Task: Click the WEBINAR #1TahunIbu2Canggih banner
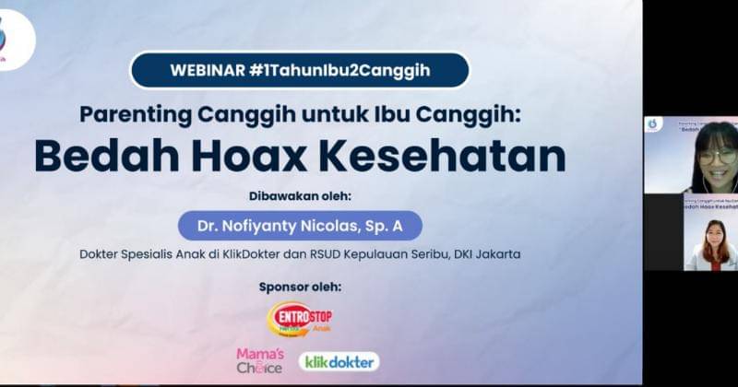pos(300,70)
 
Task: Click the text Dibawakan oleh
pos(300,196)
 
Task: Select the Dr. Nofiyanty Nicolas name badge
pos(300,225)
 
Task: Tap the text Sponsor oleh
pos(300,287)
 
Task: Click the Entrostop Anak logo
pos(300,319)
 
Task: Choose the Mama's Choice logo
pos(259,360)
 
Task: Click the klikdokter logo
pos(339,361)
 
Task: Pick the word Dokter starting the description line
pos(102,253)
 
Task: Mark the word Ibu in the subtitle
pos(391,114)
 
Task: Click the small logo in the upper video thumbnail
pos(653,123)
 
